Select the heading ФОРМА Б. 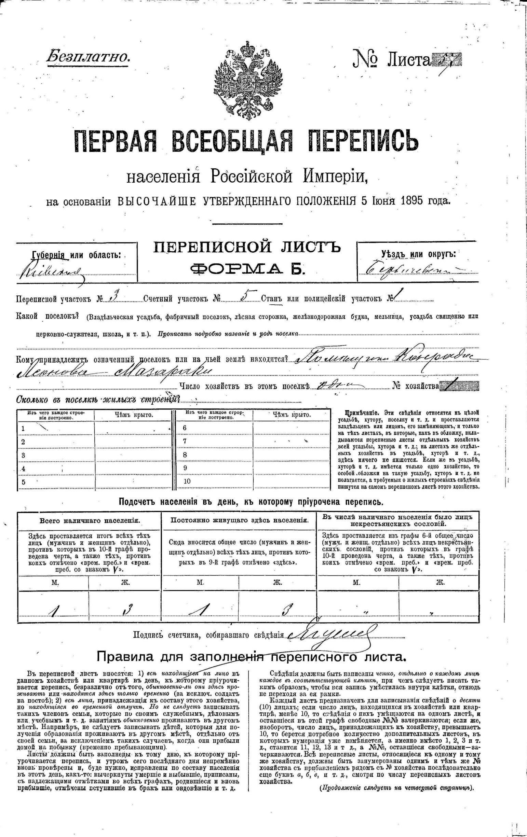247,269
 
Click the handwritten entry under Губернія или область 52,271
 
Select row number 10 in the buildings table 187,482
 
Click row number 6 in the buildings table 185,428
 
